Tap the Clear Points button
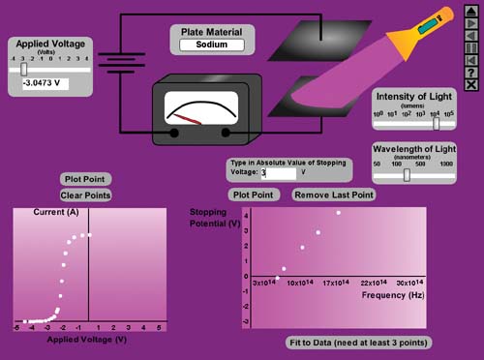coord(85,195)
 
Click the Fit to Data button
coord(358,343)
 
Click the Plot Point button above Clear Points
coord(85,179)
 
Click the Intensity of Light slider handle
coord(437,123)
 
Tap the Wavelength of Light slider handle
coord(407,175)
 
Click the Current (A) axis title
coord(55,212)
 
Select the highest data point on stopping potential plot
coord(338,213)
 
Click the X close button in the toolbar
coord(470,84)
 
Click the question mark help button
coord(470,72)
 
